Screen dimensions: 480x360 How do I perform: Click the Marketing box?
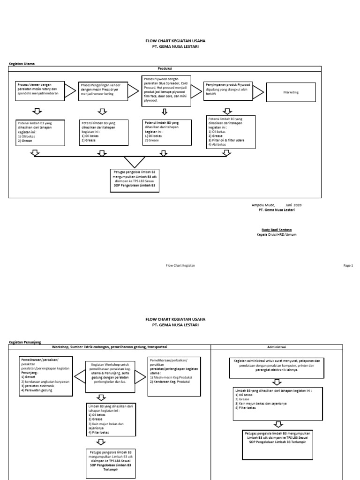(x=291, y=92)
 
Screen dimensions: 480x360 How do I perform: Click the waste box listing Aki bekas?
(x=228, y=132)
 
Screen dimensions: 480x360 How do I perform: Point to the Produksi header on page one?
(x=165, y=68)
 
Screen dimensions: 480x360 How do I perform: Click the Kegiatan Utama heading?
(x=22, y=63)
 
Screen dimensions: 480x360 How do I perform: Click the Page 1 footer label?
(x=348, y=265)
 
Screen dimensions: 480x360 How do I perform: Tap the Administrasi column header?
(x=276, y=347)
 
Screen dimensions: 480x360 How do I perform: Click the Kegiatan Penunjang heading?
(x=25, y=342)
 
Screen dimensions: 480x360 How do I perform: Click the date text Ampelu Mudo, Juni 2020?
(x=277, y=205)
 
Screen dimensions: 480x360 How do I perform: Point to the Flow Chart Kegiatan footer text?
(x=180, y=265)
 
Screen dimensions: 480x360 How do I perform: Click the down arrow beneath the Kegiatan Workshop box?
(x=102, y=397)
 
